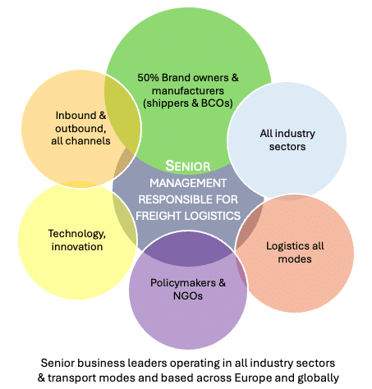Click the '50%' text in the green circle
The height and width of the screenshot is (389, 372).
pyautogui.click(x=148, y=78)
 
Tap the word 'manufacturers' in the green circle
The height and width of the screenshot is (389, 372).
pyautogui.click(x=188, y=91)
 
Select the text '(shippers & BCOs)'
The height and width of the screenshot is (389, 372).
pyautogui.click(x=188, y=103)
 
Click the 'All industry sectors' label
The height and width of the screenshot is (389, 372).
pyautogui.click(x=287, y=140)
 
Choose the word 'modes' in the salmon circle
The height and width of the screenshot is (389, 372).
pyautogui.click(x=295, y=259)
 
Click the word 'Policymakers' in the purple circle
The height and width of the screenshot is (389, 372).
pyautogui.click(x=183, y=283)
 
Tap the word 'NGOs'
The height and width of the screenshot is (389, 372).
pyautogui.click(x=188, y=296)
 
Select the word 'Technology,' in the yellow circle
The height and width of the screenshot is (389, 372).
pyautogui.click(x=77, y=234)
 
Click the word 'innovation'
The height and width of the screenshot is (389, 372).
pyautogui.click(x=77, y=247)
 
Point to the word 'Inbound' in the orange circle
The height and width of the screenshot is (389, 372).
pyautogui.click(x=76, y=116)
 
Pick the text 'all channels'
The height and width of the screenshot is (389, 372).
pyautogui.click(x=80, y=141)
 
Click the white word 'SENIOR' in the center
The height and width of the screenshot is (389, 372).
pyautogui.click(x=188, y=166)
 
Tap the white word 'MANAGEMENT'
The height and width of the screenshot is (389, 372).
pyautogui.click(x=188, y=183)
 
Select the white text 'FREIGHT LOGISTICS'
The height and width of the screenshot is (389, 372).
pyautogui.click(x=188, y=216)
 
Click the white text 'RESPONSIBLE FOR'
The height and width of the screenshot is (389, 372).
pyautogui.click(x=188, y=199)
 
